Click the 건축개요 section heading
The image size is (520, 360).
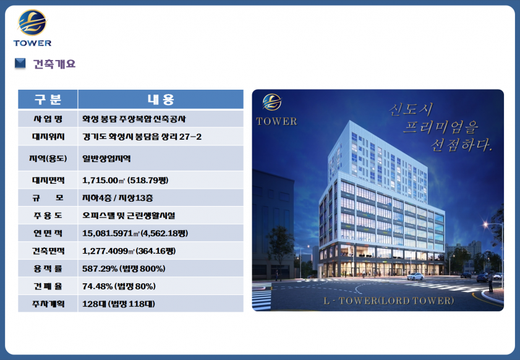(x=54, y=64)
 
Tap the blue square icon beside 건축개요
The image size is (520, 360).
(x=20, y=63)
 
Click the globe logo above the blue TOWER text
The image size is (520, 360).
(x=33, y=22)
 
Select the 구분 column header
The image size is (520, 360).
(x=48, y=99)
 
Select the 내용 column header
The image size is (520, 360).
(x=161, y=99)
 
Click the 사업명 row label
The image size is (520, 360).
(x=48, y=119)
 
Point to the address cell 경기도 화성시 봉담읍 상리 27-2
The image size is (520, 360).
(x=142, y=137)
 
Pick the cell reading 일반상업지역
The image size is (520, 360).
(x=106, y=158)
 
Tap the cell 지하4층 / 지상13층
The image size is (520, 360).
(x=117, y=198)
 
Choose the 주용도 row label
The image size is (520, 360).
(x=48, y=216)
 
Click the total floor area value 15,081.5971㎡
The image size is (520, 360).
(x=111, y=233)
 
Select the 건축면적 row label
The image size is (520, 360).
(x=48, y=251)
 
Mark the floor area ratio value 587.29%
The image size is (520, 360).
(x=100, y=268)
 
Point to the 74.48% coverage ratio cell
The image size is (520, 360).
(x=119, y=286)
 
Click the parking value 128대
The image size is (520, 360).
(x=93, y=304)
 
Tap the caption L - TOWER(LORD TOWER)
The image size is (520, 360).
(x=388, y=301)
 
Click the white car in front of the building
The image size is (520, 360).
(x=415, y=276)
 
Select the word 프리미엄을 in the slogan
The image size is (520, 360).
(x=441, y=127)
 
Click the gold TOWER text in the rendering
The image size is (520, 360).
(x=276, y=121)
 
